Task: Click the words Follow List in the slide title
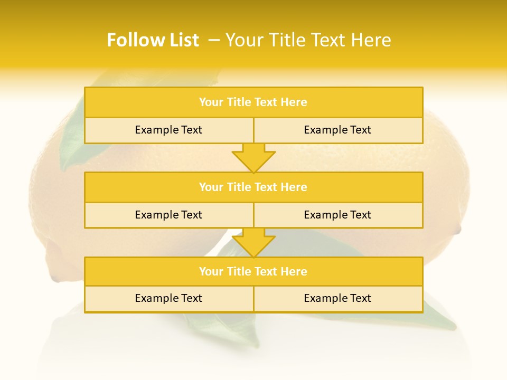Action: (153, 40)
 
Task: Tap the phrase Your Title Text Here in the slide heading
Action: (308, 40)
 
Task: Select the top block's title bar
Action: (253, 102)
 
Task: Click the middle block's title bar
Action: (253, 187)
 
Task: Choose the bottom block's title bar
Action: (253, 271)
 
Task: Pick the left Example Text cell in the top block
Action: (168, 130)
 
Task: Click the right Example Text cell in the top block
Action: (337, 130)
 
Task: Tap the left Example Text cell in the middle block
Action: (168, 215)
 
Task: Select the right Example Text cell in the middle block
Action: (337, 215)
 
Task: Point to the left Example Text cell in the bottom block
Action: (168, 298)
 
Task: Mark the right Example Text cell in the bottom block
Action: (337, 298)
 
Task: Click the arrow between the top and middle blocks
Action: (253, 158)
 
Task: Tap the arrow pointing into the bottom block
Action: (253, 243)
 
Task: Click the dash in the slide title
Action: (214, 40)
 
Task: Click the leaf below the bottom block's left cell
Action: (232, 327)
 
